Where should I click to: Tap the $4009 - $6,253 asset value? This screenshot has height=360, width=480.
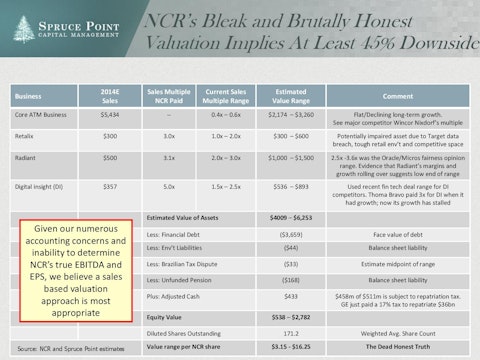[292, 244]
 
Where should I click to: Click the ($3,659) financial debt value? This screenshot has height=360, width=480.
[292, 261]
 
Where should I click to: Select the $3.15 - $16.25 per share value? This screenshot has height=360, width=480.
[292, 350]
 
